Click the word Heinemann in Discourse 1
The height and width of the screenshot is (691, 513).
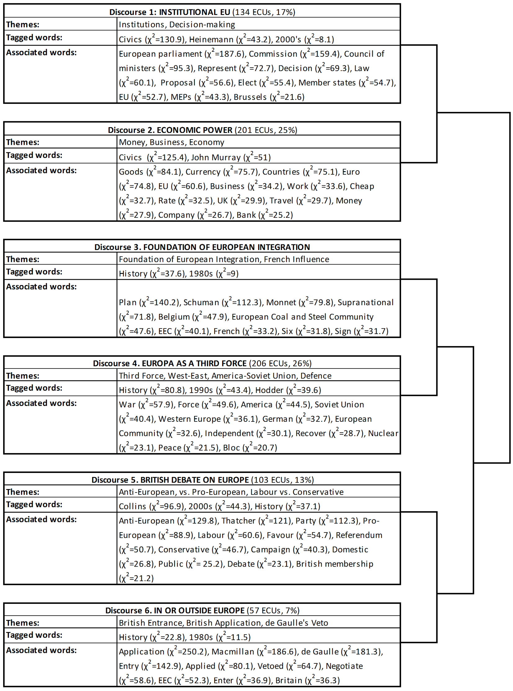[x=211, y=39]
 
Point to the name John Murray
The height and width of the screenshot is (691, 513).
[x=216, y=158]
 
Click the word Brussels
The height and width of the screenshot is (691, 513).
[x=250, y=97]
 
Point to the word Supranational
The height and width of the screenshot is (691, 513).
[x=365, y=302]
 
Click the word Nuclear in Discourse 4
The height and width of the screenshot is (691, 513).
[x=383, y=433]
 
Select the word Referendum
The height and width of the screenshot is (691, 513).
[x=359, y=535]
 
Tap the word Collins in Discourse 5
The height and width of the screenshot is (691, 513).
[x=132, y=506]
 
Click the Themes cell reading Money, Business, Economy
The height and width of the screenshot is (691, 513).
[x=172, y=142]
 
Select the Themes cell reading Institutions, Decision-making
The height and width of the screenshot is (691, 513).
[x=177, y=25]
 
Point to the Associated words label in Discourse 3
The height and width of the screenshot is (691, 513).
[x=41, y=286]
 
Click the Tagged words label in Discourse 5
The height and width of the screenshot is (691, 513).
[x=34, y=504]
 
